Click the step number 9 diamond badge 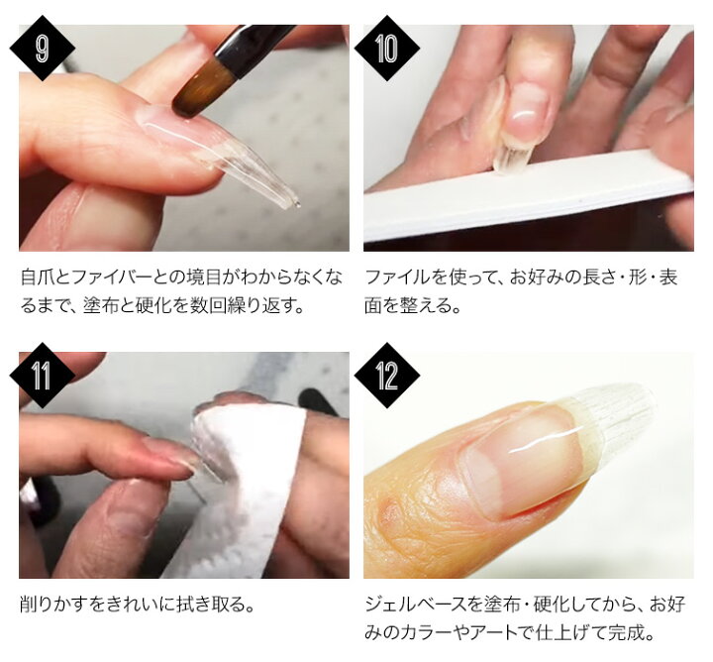[43, 49]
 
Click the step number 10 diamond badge [387, 49]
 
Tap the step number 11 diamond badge [43, 376]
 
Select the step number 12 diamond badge [387, 376]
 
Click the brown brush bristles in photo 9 [199, 90]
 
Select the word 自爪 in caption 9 [38, 277]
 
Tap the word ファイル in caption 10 [396, 277]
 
